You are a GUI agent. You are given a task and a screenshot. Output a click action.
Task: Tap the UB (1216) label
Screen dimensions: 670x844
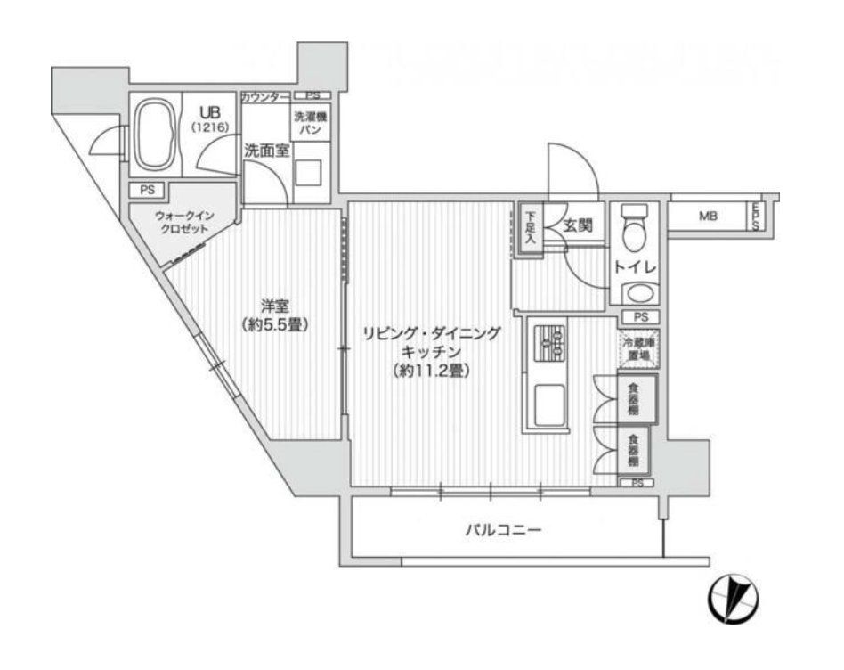[x=210, y=119]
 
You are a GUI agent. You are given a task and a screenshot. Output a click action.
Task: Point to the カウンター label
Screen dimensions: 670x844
[x=264, y=95]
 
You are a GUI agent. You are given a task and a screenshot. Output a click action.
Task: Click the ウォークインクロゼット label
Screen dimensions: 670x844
[x=182, y=222]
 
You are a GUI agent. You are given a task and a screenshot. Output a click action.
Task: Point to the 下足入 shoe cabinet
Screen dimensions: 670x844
[x=531, y=228]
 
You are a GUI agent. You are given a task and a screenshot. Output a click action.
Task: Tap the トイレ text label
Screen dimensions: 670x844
[x=633, y=267]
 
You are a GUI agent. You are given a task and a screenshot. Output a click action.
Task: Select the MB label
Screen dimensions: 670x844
[x=708, y=216]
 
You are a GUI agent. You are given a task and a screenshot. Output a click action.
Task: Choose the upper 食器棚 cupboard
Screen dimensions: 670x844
[x=633, y=398]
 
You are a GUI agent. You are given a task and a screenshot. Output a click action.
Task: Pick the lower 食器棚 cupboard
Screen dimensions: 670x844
[x=633, y=451]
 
